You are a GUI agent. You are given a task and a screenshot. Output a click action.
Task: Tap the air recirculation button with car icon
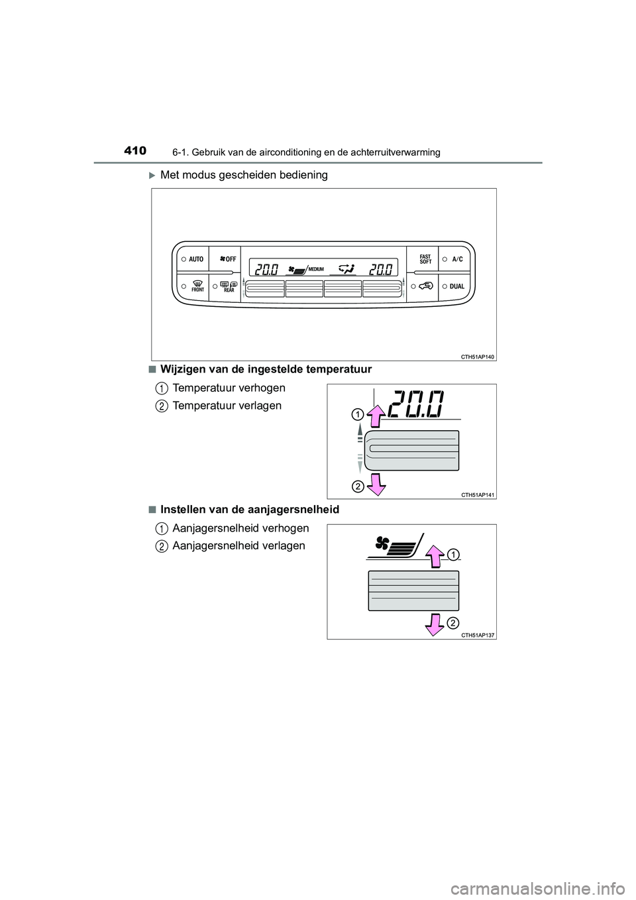(x=424, y=287)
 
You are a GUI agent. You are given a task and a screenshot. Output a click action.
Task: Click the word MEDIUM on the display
(x=316, y=269)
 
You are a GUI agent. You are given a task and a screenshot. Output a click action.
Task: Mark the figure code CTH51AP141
(x=476, y=494)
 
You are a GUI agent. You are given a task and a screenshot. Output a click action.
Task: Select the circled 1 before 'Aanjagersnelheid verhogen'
(x=162, y=528)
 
